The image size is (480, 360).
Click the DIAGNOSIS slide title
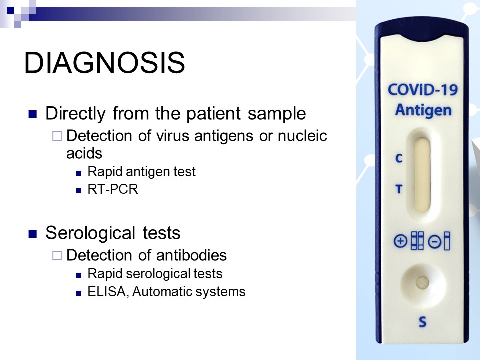click(104, 63)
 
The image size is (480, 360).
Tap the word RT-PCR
click(113, 189)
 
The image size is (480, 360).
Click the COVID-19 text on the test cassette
click(423, 90)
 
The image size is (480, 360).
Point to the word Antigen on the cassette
click(423, 110)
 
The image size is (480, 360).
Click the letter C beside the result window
click(399, 158)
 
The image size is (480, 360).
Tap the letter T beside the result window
click(399, 189)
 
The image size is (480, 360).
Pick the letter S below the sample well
click(423, 322)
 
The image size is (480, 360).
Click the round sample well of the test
click(423, 283)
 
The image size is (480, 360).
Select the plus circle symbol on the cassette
click(400, 241)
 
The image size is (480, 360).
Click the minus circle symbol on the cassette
click(434, 242)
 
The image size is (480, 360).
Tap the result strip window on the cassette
click(422, 174)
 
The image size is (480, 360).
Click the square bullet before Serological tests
click(33, 234)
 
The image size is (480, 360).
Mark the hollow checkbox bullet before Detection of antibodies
click(57, 255)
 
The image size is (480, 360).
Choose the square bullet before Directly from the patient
click(33, 114)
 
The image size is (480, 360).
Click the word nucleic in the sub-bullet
click(302, 136)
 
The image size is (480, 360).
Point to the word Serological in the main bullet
click(90, 233)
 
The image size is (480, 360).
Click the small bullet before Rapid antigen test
click(79, 173)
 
